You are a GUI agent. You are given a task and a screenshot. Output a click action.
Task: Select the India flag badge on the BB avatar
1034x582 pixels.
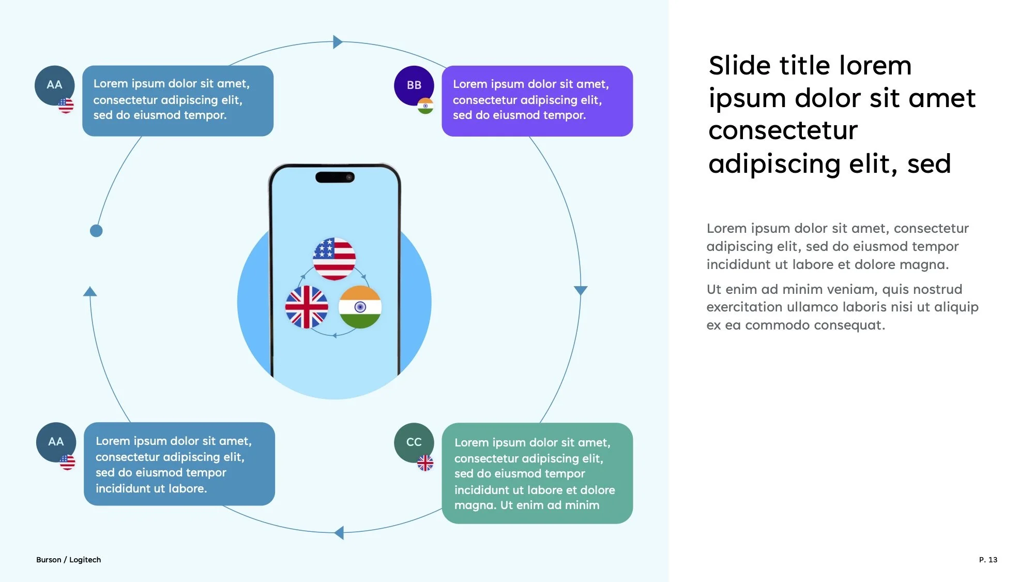[425, 106]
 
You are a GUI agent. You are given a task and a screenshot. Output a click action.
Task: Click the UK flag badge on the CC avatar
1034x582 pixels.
[425, 463]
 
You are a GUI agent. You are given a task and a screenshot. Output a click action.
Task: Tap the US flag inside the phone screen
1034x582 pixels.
[334, 259]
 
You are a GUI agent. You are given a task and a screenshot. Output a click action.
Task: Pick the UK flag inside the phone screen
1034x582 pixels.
[307, 307]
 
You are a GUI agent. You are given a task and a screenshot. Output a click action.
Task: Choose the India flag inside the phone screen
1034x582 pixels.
[360, 307]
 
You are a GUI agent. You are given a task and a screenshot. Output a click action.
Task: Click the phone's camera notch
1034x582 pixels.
[335, 177]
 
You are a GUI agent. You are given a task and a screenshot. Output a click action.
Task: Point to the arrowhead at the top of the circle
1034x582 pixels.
[338, 42]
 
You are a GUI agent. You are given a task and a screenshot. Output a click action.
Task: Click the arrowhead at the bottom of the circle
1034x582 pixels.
[339, 532]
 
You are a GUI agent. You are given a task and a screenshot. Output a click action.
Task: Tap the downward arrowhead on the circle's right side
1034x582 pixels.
[581, 290]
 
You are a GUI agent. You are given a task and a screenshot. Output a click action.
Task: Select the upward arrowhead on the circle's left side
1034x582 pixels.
[90, 292]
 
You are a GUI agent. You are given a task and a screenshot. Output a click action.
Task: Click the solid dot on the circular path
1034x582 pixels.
[96, 231]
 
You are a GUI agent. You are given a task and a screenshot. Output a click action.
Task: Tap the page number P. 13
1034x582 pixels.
[988, 560]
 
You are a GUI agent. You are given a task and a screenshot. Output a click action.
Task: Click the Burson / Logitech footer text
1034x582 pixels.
[68, 560]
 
